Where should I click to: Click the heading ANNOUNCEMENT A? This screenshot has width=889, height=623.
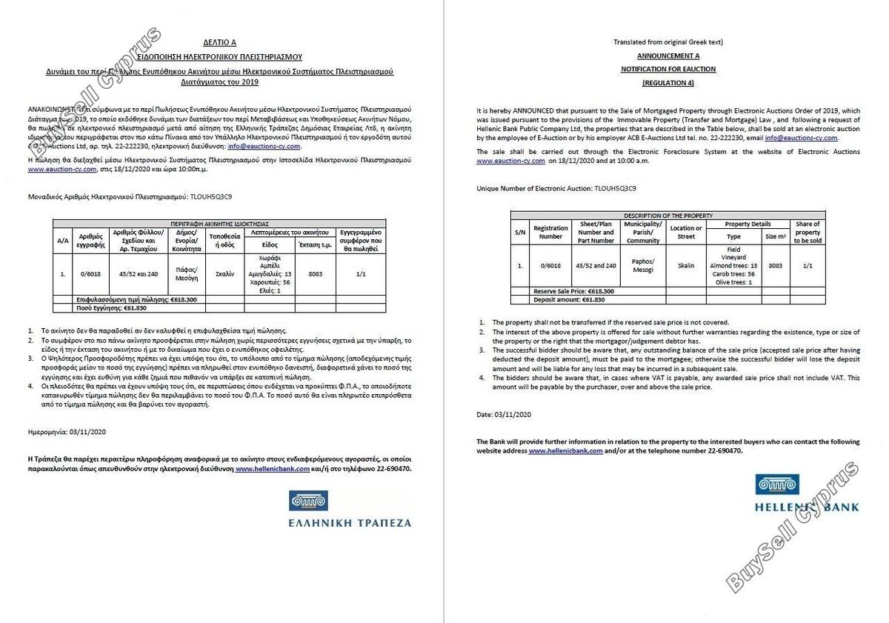coord(668,56)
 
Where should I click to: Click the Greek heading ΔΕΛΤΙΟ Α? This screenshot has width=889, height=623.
coord(220,43)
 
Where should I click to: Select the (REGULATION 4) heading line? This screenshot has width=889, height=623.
coord(668,82)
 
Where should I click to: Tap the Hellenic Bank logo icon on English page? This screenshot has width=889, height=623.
coord(777,484)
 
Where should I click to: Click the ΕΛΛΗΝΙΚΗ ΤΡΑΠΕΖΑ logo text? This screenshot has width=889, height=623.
coord(350,522)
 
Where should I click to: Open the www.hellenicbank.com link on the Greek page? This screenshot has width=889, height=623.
coord(272,469)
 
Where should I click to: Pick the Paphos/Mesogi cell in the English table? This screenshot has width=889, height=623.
coord(642,265)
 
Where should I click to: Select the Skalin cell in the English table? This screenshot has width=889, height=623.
coord(685,265)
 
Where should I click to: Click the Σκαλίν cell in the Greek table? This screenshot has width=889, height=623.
coord(224,274)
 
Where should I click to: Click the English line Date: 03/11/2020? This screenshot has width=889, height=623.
coord(504,414)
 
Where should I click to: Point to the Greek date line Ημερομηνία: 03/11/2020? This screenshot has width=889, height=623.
coord(67,431)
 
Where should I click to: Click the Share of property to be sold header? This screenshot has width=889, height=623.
coord(807,232)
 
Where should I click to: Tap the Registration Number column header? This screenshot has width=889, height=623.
coord(550,232)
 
